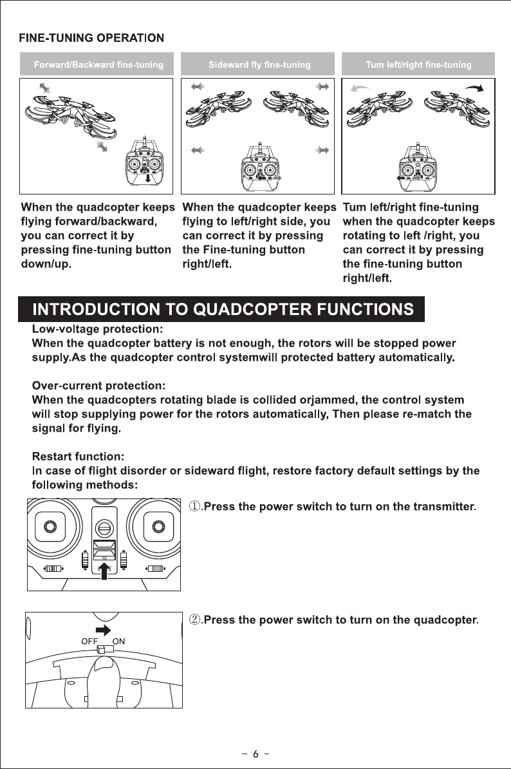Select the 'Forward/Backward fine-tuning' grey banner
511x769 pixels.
click(98, 64)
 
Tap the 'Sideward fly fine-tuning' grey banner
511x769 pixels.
click(259, 64)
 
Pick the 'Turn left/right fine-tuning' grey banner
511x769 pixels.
click(418, 64)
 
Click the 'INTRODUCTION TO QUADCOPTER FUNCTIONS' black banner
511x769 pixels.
click(223, 309)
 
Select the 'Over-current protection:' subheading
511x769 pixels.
click(99, 386)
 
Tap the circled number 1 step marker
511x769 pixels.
click(195, 506)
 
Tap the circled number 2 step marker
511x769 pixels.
click(195, 620)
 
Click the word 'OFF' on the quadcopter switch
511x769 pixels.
click(89, 641)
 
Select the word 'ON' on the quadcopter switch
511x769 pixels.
click(119, 641)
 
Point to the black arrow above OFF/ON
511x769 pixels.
click(103, 629)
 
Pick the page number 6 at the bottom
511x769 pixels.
click(256, 754)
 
